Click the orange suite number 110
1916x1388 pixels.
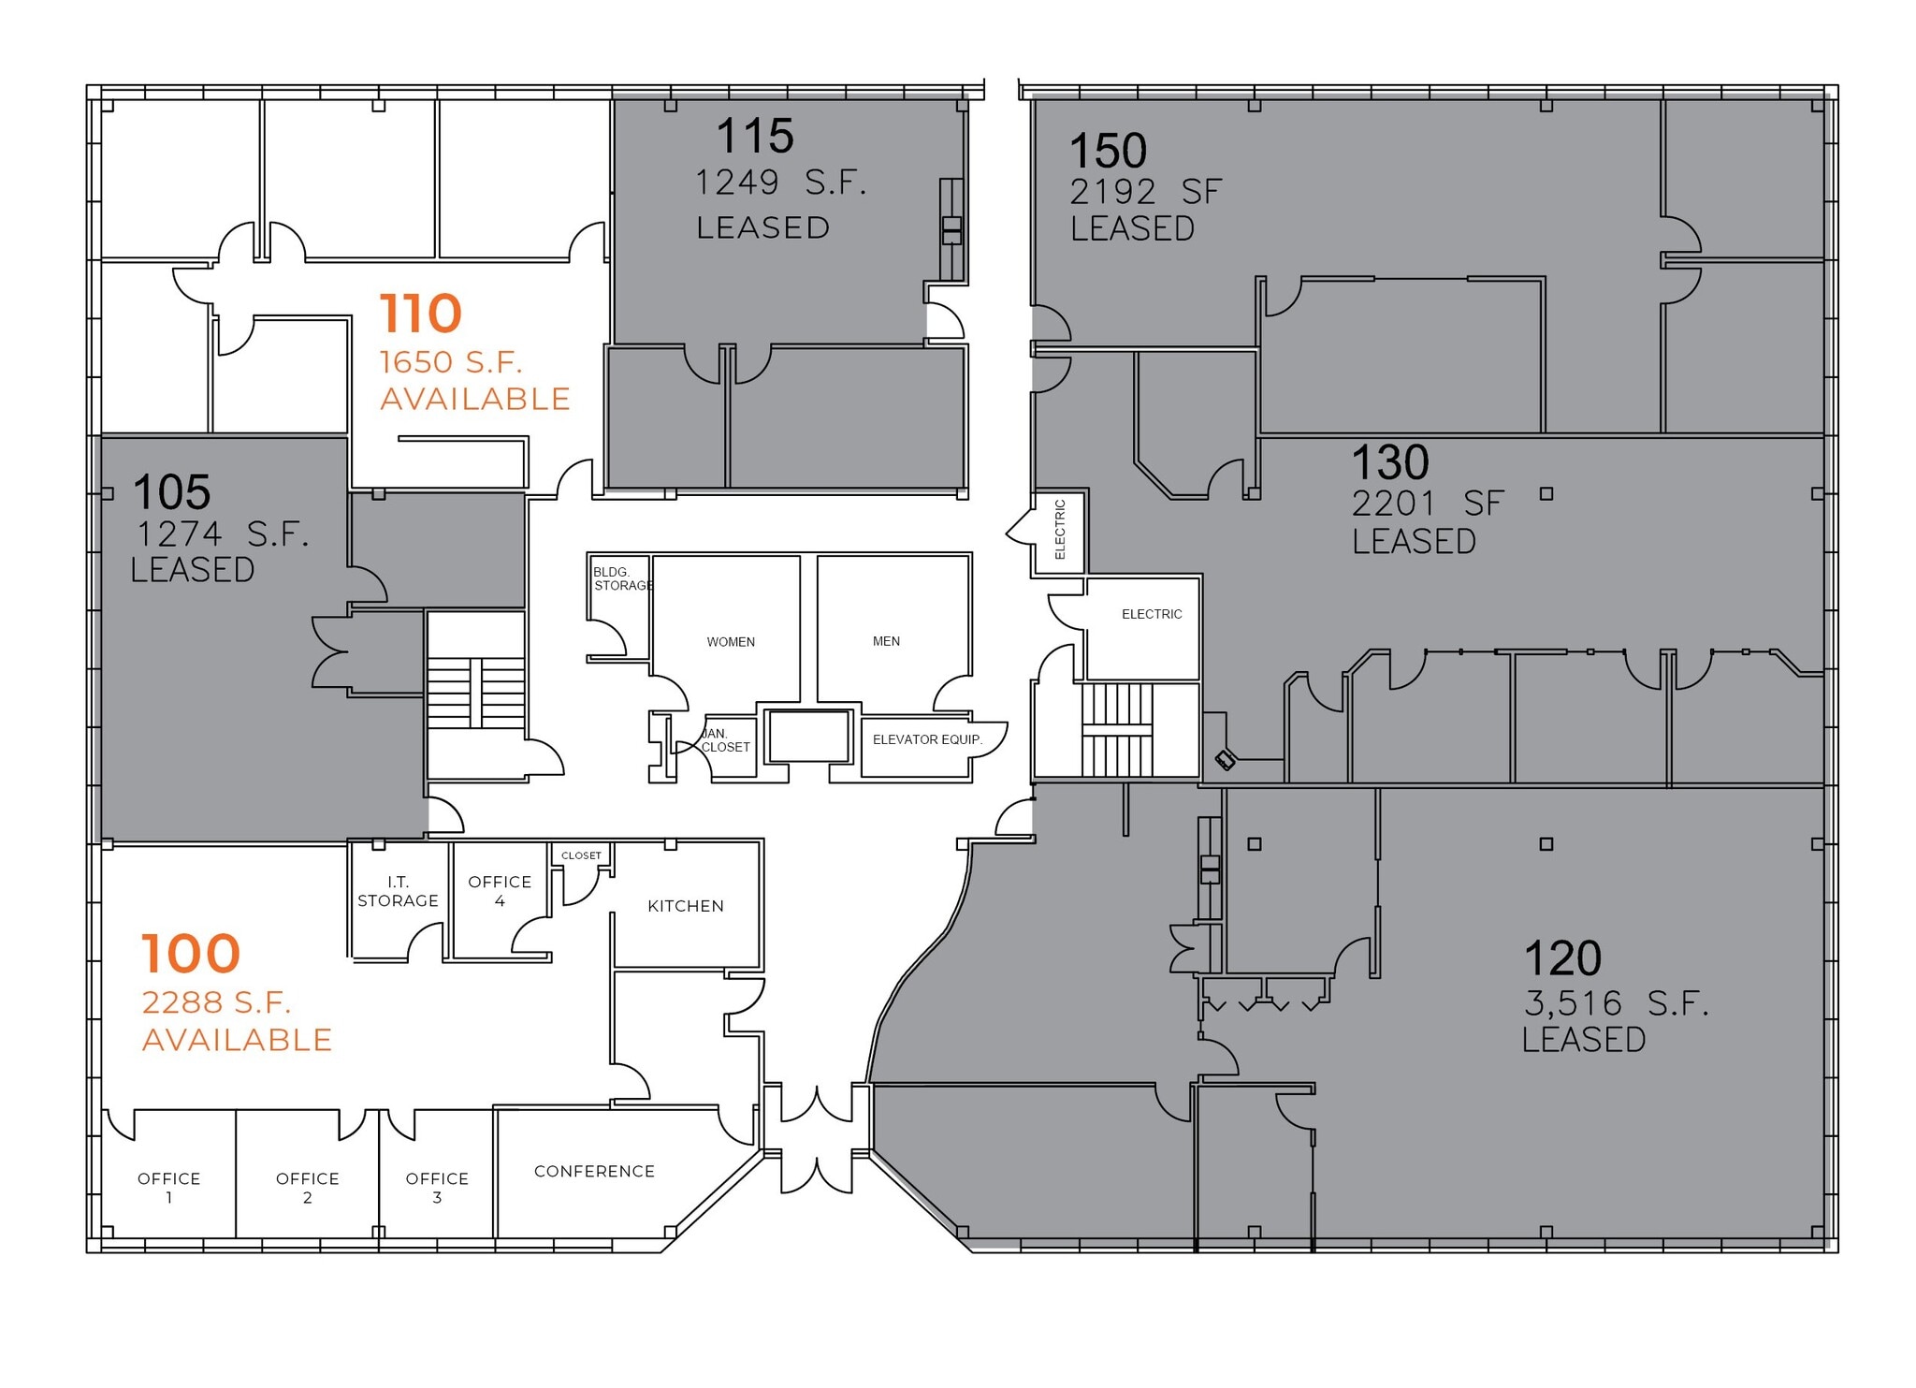(x=421, y=314)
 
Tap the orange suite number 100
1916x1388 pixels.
(x=191, y=954)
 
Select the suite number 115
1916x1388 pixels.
(x=755, y=136)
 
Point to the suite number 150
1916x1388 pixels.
(x=1108, y=151)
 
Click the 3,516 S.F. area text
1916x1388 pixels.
(x=1616, y=1003)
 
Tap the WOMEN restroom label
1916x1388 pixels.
(x=731, y=642)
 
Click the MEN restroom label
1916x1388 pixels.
(x=886, y=641)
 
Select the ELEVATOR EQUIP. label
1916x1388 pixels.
(x=927, y=739)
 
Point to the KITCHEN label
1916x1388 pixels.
(x=686, y=906)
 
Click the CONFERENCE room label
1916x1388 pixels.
(x=594, y=1171)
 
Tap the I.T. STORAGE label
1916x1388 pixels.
(x=398, y=891)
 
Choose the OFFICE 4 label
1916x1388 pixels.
(x=500, y=890)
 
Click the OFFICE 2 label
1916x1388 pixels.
(x=307, y=1187)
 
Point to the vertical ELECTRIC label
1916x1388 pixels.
(x=1060, y=530)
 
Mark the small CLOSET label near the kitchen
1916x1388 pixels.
(x=581, y=855)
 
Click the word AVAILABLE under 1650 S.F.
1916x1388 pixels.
(x=475, y=400)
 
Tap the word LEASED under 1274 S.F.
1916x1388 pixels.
(x=193, y=570)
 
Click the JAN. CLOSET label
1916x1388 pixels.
(x=725, y=740)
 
